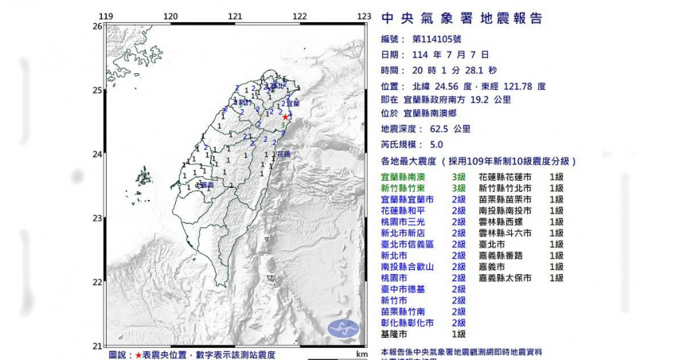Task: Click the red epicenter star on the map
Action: point(286,116)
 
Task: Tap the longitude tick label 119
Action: point(106,16)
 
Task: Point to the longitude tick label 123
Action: point(364,16)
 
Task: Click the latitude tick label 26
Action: point(96,26)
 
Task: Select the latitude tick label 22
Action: point(96,282)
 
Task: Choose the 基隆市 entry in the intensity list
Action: point(395,335)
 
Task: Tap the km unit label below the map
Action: point(362,354)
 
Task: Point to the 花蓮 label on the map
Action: point(283,154)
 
